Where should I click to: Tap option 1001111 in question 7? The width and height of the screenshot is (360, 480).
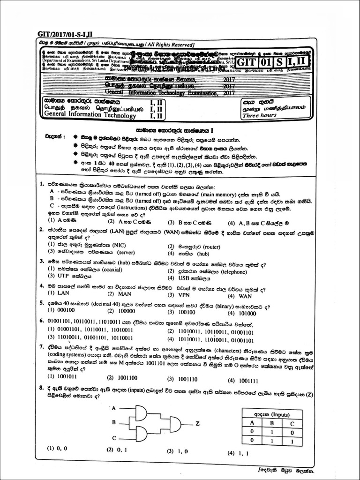pos(249,381)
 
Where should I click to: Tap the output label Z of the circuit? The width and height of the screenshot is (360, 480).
pos(197,423)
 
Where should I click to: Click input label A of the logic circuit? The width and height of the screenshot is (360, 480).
pos(114,408)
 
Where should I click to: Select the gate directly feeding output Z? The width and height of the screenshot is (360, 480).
pos(175,424)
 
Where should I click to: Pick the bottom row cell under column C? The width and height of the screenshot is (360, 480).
pos(292,441)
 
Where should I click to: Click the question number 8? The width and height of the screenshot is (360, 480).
pos(42,388)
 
